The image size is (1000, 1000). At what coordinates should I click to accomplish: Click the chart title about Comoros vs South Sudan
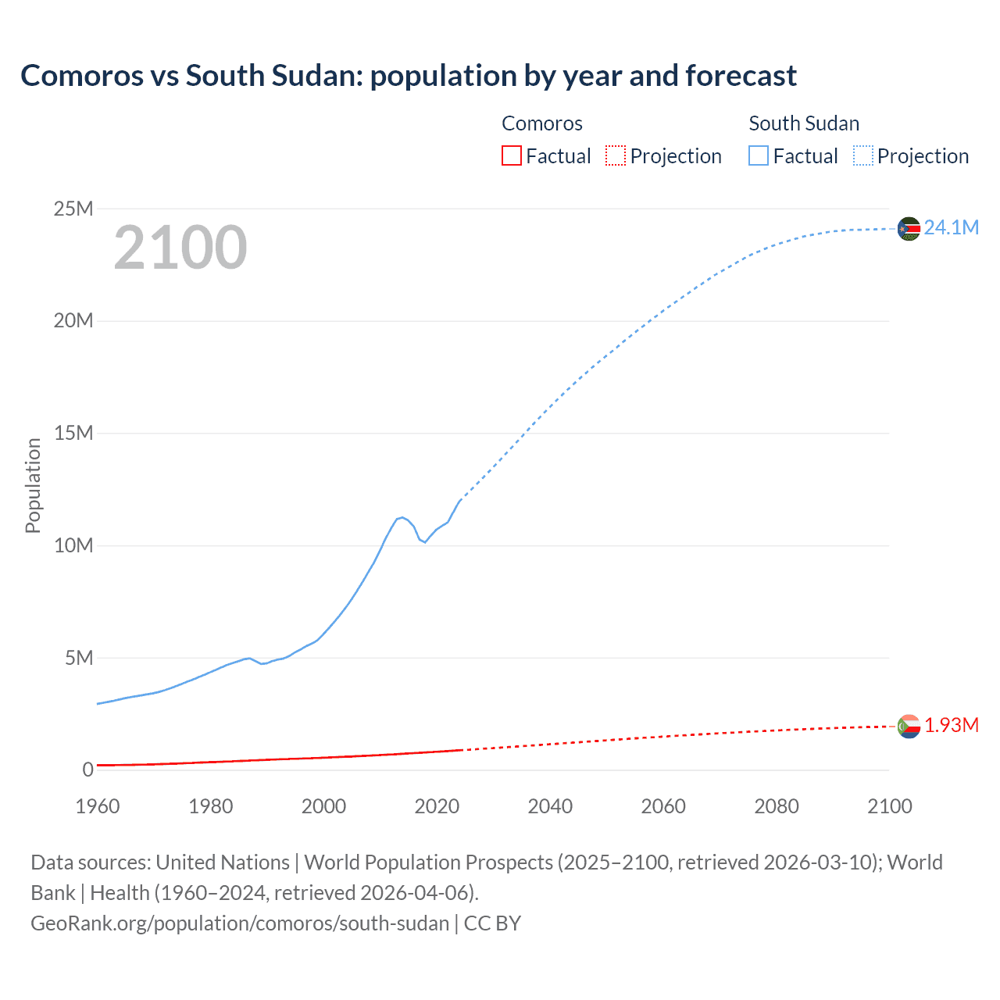pyautogui.click(x=408, y=76)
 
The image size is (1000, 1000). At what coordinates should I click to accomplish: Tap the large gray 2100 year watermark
pyautogui.click(x=180, y=248)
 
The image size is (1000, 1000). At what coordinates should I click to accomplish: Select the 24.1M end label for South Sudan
pyautogui.click(x=951, y=227)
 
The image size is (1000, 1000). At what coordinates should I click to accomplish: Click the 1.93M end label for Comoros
pyautogui.click(x=951, y=726)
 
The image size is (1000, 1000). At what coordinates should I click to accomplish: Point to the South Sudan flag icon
pyautogui.click(x=909, y=229)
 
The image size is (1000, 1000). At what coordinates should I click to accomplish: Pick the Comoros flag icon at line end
pyautogui.click(x=909, y=727)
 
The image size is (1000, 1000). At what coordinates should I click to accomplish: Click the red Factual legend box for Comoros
pyautogui.click(x=511, y=155)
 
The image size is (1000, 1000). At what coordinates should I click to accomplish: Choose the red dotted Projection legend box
pyautogui.click(x=616, y=155)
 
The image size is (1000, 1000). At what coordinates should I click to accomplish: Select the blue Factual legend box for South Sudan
pyautogui.click(x=759, y=155)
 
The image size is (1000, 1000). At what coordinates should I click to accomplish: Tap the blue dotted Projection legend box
pyautogui.click(x=863, y=155)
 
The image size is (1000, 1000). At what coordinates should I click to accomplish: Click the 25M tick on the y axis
pyautogui.click(x=73, y=209)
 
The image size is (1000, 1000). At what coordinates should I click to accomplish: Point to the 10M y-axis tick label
pyautogui.click(x=73, y=545)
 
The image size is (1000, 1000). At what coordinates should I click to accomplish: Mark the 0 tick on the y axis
pyautogui.click(x=87, y=770)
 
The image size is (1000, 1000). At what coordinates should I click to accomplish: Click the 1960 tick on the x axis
pyautogui.click(x=98, y=806)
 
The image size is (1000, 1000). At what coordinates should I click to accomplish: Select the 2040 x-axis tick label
pyautogui.click(x=550, y=806)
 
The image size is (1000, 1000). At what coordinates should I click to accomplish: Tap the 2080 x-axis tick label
pyautogui.click(x=777, y=806)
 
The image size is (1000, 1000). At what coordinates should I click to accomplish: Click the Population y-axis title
pyautogui.click(x=33, y=485)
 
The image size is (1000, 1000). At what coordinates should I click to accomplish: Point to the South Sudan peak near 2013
pyautogui.click(x=402, y=517)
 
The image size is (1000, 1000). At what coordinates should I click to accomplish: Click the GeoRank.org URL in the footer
pyautogui.click(x=240, y=923)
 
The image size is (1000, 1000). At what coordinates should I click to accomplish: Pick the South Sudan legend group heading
pyautogui.click(x=804, y=123)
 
